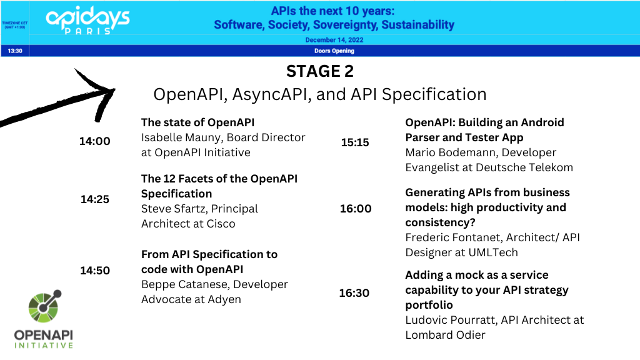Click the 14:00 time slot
point(95,141)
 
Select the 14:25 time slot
point(95,199)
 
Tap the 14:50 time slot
point(95,271)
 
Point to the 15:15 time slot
point(355,142)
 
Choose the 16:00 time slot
point(356,209)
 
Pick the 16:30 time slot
point(354,293)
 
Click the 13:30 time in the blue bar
point(15,51)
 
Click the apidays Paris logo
point(87,20)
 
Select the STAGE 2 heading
point(320,71)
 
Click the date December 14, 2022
point(334,40)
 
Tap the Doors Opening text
point(334,51)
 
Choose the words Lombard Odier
point(445,335)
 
